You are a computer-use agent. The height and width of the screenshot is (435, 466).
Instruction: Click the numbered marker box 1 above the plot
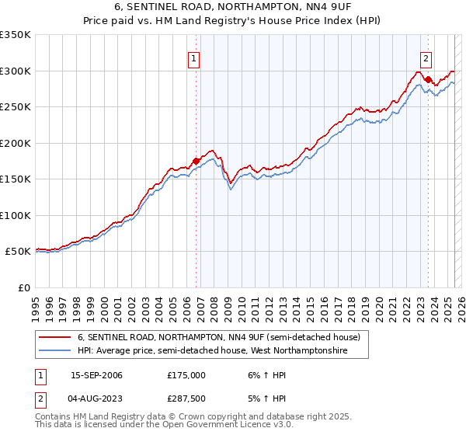click(193, 57)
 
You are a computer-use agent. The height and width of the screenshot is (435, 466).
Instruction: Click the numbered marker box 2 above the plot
click(426, 57)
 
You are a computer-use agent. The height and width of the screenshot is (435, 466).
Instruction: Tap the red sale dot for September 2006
click(196, 161)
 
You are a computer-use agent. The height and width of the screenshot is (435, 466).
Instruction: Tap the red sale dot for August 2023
click(428, 79)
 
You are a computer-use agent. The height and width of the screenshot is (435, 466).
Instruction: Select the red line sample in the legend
click(55, 338)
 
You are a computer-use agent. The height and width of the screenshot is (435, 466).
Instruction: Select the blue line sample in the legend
click(55, 351)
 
